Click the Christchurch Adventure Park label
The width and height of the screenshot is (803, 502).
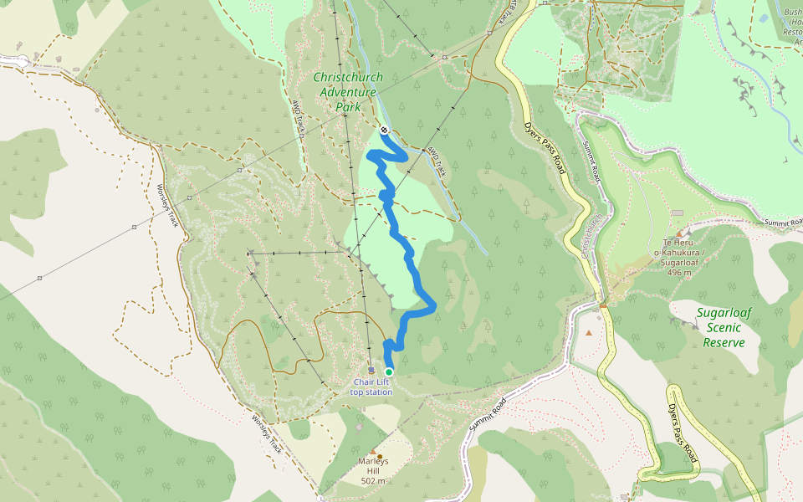[x=347, y=92]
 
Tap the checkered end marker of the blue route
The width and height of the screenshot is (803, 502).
[x=383, y=130]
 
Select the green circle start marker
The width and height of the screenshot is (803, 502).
[x=389, y=371]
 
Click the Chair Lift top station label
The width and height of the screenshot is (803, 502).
[x=371, y=387]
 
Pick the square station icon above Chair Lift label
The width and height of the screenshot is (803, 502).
[x=371, y=370]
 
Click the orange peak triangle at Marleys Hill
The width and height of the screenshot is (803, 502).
[x=372, y=452]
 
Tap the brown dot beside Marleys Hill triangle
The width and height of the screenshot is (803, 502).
[x=380, y=457]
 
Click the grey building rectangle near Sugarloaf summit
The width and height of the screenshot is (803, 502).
[x=677, y=213]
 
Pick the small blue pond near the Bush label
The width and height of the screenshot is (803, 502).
[x=763, y=18]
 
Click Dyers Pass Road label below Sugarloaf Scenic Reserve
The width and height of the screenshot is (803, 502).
[x=683, y=433]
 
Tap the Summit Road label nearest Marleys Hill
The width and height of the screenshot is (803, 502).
[x=488, y=413]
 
